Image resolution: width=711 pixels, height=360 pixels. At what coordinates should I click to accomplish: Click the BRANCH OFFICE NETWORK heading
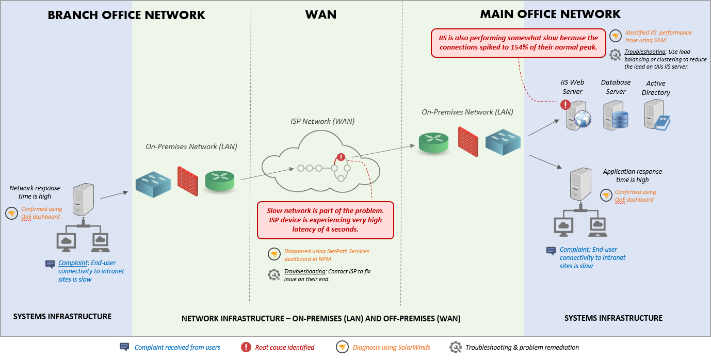pos(126,15)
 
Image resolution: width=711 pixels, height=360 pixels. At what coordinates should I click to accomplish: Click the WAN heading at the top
pos(320,14)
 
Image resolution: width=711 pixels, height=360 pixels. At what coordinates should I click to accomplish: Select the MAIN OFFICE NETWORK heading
pos(550,14)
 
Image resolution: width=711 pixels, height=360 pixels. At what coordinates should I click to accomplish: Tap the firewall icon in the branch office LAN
pos(188,181)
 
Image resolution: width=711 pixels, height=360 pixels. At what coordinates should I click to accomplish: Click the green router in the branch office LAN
pos(219,181)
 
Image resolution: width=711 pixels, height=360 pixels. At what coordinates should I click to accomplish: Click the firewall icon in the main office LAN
pos(468,139)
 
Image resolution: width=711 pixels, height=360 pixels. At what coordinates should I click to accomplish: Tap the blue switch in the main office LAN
pos(503,141)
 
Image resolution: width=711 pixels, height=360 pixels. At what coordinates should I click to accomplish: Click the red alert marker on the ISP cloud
pos(341,157)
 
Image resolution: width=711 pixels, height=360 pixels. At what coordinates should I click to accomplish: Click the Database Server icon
pos(616,114)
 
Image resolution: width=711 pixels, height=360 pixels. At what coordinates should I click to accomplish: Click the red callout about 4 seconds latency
pos(325,220)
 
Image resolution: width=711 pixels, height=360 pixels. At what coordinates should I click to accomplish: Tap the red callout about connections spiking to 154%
pos(518,42)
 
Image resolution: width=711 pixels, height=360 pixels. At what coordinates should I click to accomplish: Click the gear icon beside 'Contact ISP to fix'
pos(274,274)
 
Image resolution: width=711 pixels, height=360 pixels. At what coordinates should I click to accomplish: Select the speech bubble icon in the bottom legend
pos(124,347)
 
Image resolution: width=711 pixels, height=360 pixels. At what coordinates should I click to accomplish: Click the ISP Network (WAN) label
pos(322,121)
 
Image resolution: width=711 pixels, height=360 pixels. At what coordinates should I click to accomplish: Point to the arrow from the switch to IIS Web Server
pos(544,127)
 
